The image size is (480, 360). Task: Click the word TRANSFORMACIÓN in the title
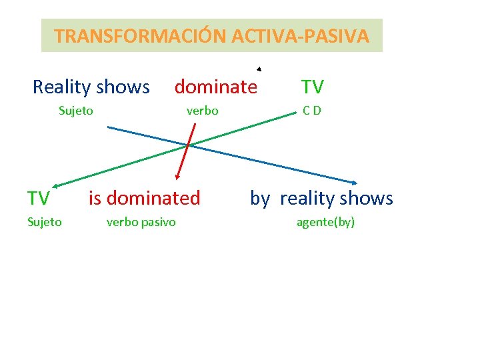tap(141, 36)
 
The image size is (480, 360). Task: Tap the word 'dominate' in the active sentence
tap(215, 87)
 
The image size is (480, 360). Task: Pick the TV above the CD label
tap(312, 87)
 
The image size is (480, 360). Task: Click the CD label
tap(311, 111)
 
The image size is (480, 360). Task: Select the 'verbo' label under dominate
tap(202, 111)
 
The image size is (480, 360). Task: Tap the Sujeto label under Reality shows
tap(75, 111)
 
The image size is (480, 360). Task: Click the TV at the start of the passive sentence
tap(38, 199)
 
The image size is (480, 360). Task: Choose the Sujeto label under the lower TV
tap(44, 222)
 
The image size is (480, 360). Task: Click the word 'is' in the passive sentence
tap(95, 198)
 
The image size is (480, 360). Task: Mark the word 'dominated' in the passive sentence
tap(153, 198)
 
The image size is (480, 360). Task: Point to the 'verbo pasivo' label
tap(141, 222)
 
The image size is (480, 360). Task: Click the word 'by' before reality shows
tap(260, 199)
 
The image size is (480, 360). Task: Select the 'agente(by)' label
tap(325, 222)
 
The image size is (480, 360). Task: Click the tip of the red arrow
tap(177, 178)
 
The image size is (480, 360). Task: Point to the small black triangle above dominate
tap(259, 69)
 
